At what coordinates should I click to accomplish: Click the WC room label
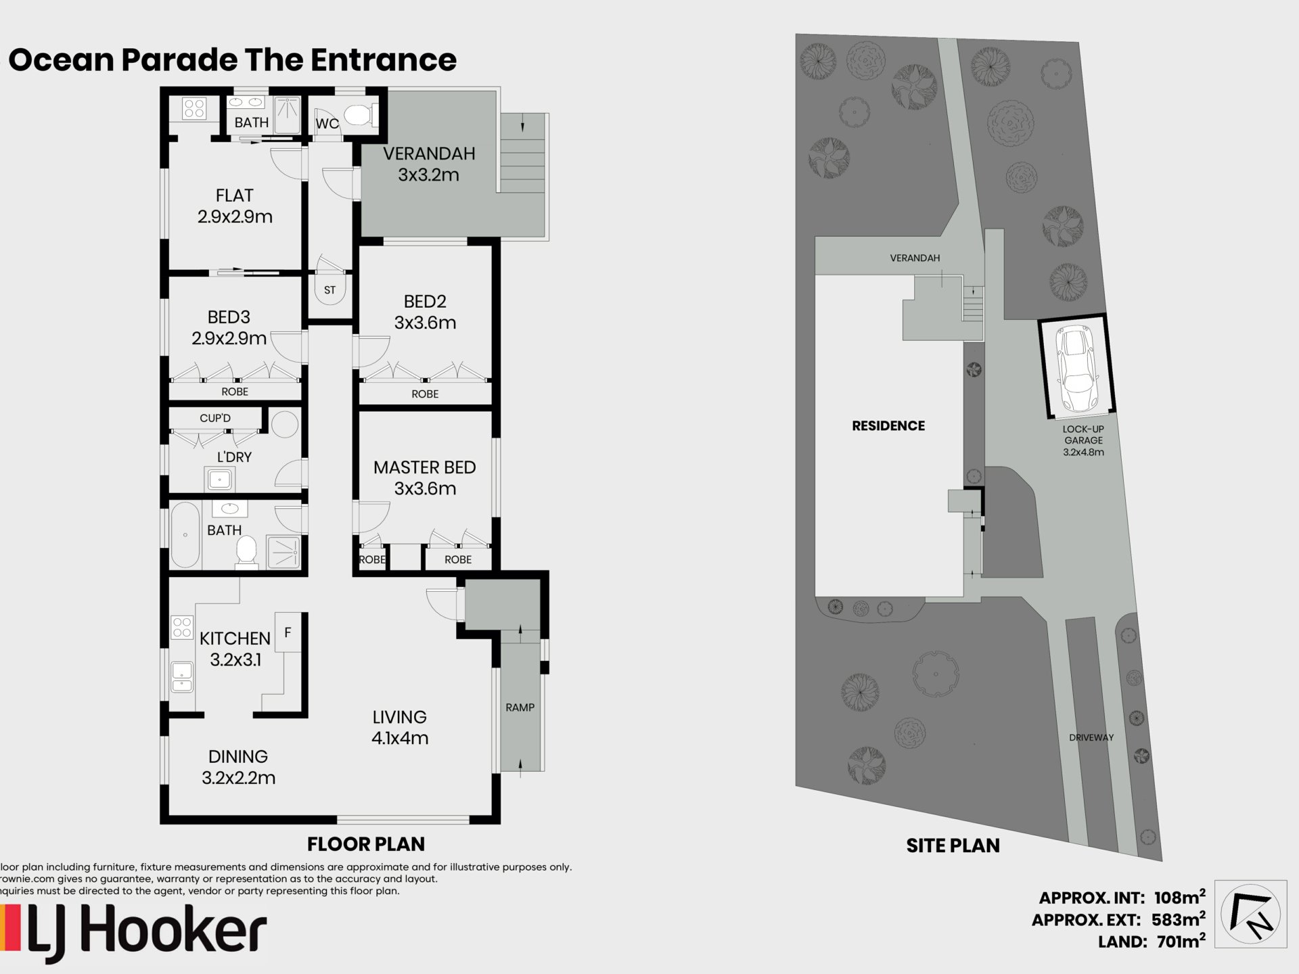coord(327,124)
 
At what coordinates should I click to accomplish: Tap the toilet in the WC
coord(359,115)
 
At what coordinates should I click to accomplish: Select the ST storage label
coord(329,290)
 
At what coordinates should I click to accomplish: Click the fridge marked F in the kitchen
coord(288,632)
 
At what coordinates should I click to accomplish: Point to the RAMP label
coord(520,708)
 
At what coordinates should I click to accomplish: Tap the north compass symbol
coord(1251,914)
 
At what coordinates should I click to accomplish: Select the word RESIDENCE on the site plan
coord(888,425)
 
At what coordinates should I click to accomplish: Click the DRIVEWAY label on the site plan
coord(1091,737)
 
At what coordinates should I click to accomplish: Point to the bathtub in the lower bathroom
coord(185,535)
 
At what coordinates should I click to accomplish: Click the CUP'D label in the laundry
coord(215,418)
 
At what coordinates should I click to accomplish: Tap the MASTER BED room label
coord(425,467)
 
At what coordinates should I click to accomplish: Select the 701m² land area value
coord(1179,940)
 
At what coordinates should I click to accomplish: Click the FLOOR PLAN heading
coord(366,844)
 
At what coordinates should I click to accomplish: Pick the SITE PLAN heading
coord(953,845)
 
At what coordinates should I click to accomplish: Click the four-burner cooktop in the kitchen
coord(182,628)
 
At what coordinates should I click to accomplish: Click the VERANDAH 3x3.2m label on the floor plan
coord(429,164)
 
